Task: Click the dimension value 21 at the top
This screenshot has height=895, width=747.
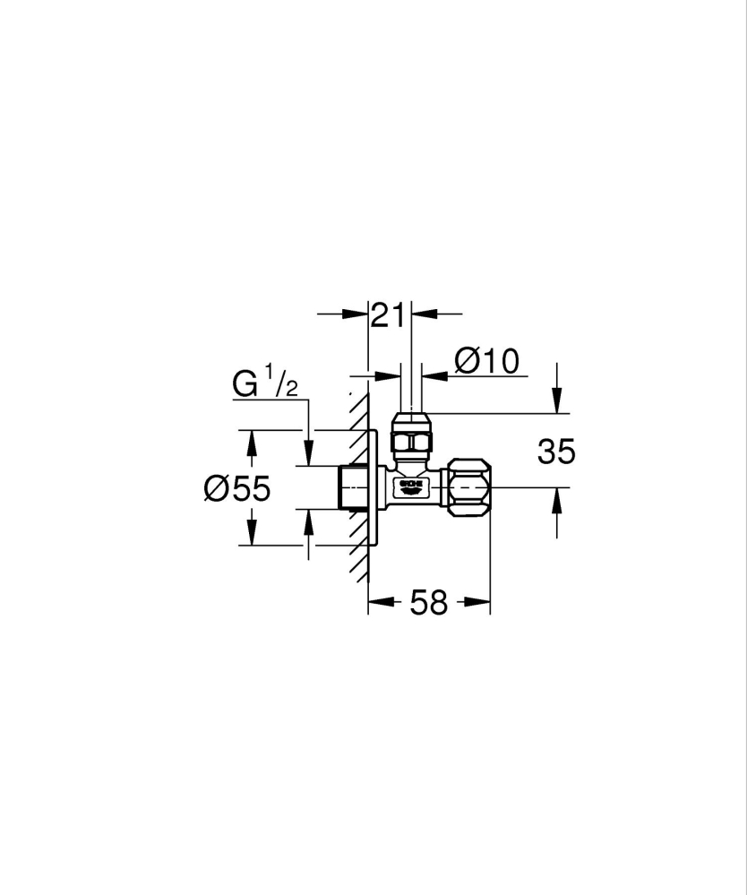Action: (390, 314)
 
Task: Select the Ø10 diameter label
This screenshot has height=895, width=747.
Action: (486, 361)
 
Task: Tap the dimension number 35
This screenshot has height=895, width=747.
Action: (556, 452)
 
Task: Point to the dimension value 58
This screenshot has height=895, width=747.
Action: (428, 603)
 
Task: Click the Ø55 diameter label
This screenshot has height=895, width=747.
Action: (236, 488)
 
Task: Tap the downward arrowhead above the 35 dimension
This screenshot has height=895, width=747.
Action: (557, 403)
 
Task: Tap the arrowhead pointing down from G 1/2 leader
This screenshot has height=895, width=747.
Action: (309, 456)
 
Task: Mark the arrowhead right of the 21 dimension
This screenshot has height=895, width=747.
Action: (421, 314)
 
